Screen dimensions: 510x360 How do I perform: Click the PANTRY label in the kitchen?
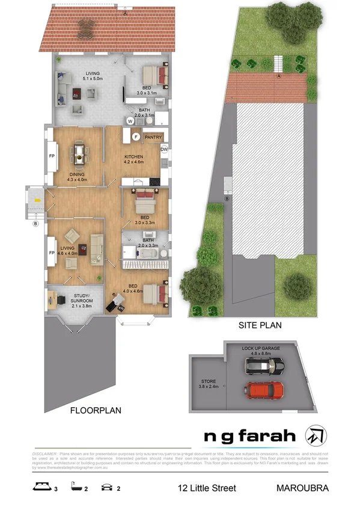click(154, 137)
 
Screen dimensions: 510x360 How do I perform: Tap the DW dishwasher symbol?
click(164, 149)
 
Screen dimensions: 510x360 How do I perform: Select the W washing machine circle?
click(130, 119)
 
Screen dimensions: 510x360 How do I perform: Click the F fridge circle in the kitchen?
click(136, 137)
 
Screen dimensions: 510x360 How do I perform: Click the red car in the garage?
click(264, 390)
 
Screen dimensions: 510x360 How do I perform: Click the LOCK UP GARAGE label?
click(261, 348)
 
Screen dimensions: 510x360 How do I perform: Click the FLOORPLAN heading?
click(96, 411)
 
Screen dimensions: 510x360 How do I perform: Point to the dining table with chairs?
click(79, 153)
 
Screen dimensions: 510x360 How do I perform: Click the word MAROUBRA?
click(304, 488)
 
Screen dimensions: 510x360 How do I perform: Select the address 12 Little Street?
click(207, 488)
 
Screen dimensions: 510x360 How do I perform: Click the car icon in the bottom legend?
click(109, 488)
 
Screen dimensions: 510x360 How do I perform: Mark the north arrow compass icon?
click(314, 434)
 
